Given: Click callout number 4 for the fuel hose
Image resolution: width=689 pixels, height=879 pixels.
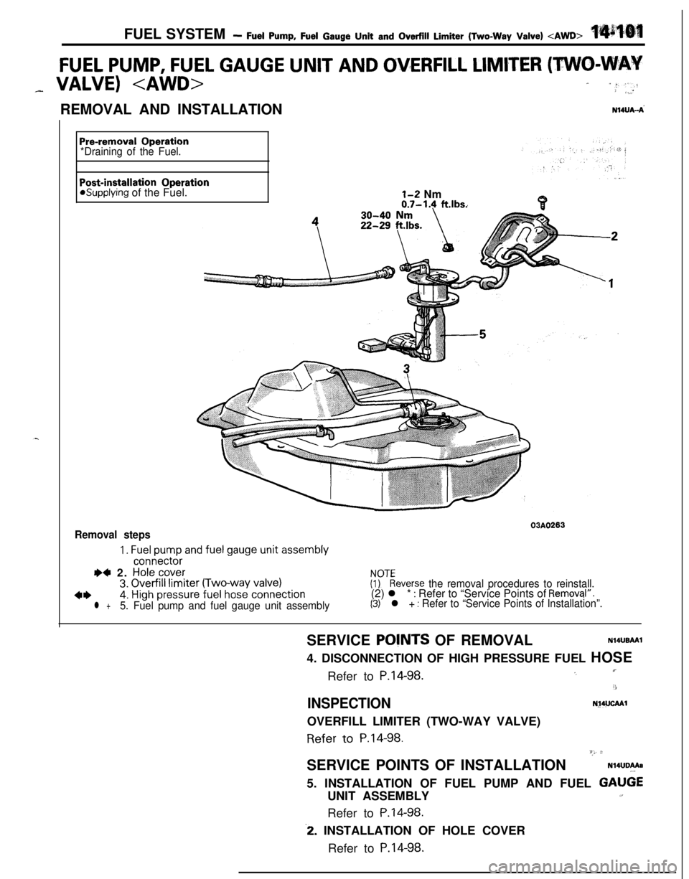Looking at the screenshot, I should click(314, 222).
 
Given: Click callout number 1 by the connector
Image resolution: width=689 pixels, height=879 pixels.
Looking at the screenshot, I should click(610, 283).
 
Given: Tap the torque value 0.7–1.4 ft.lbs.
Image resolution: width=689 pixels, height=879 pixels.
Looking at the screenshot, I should click(434, 203).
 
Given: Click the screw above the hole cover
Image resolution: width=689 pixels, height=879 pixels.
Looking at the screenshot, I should click(532, 202).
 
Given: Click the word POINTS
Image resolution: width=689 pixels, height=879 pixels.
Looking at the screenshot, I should click(403, 641).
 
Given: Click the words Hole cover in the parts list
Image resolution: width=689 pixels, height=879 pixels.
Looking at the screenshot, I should click(159, 572).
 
